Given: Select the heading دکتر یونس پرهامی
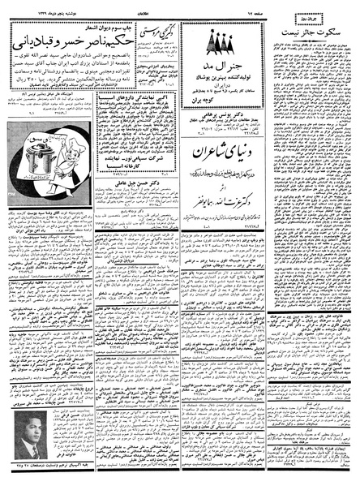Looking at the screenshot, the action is coord(220,97).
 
